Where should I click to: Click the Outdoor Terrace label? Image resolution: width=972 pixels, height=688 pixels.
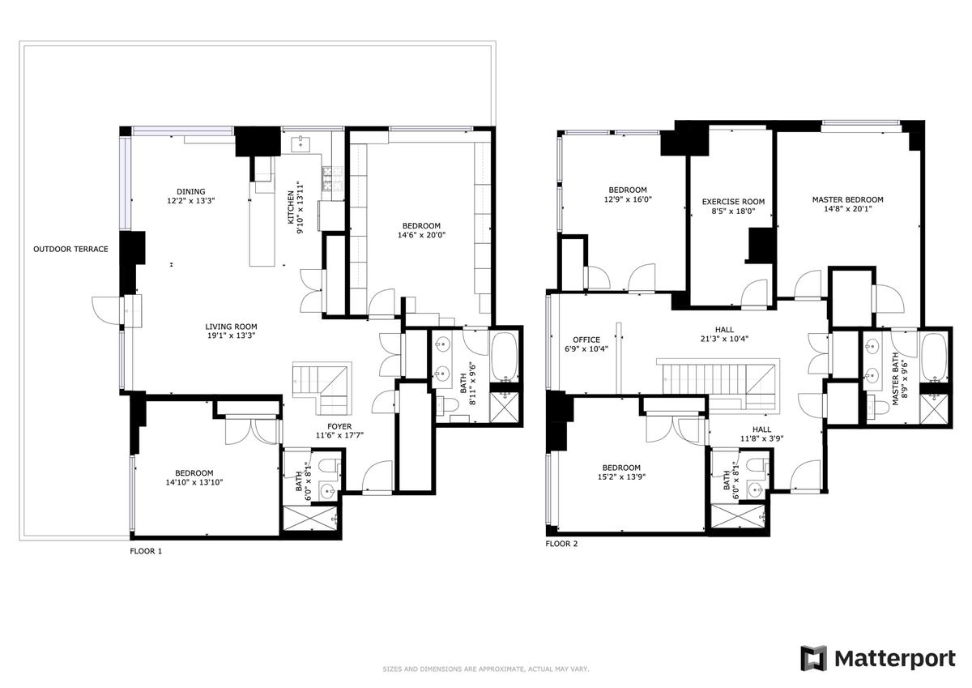tap(70, 249)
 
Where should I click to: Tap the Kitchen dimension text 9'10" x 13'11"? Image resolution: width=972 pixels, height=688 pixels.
tap(300, 208)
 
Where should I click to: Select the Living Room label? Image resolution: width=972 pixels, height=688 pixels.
tap(231, 327)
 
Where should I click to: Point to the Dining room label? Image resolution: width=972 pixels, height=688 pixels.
tap(191, 191)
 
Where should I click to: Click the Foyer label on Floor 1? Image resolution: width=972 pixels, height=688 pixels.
tap(339, 426)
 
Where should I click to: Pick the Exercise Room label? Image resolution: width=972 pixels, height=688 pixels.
tap(733, 202)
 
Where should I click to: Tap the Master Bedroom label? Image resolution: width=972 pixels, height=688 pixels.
tap(847, 199)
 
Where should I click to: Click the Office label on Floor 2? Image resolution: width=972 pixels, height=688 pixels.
tap(586, 340)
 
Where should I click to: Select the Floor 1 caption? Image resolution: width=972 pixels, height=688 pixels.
tap(146, 551)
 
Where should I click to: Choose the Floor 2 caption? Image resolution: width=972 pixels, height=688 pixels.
tap(561, 544)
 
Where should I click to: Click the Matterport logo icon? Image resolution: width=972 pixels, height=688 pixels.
tap(813, 659)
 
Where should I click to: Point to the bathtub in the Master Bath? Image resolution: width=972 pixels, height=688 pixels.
tap(934, 357)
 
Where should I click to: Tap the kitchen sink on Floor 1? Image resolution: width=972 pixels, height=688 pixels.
tap(300, 143)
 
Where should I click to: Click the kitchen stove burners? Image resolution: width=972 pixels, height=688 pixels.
tap(326, 179)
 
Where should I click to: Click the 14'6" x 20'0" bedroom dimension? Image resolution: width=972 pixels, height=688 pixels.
tap(421, 235)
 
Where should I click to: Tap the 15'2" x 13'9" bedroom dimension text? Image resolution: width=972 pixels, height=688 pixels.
tap(621, 477)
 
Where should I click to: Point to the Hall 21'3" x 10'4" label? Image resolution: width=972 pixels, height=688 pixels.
tap(724, 334)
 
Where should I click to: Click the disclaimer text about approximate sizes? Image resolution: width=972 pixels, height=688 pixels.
tap(485, 669)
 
